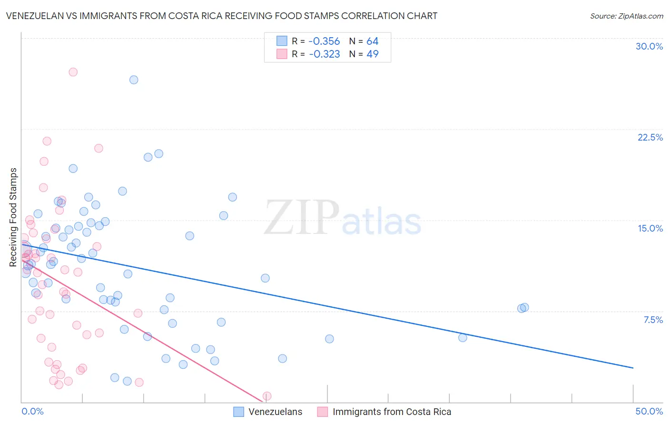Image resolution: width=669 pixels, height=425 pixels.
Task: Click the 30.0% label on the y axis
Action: pos(649,46)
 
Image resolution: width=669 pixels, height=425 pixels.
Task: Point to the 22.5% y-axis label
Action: pos(650,137)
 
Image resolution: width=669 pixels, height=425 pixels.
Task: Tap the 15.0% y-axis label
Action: pos(650,228)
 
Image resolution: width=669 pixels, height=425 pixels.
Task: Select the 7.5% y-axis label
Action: pos(653,320)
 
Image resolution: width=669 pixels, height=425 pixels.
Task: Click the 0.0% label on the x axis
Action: pos(32,411)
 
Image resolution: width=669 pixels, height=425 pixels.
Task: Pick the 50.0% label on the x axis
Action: pos(649,411)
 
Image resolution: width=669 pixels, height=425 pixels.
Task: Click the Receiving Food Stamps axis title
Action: pos(13,217)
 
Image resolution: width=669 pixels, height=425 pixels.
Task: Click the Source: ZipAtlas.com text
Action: pos(626,16)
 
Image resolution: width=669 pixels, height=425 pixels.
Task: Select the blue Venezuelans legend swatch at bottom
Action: pos(239,412)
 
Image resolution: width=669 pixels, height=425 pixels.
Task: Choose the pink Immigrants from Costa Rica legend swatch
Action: pos(323,412)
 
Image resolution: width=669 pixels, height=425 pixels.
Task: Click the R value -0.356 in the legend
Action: pos(324,41)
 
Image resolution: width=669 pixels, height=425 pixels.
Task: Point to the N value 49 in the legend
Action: pos(372,54)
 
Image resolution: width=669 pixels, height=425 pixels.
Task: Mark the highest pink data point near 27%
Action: pos(73,72)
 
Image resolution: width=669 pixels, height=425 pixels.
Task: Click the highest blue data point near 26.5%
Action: pos(134,80)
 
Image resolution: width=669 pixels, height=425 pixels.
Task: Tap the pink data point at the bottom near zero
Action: pos(267,396)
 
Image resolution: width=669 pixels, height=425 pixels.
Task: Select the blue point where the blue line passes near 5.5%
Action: pos(462,337)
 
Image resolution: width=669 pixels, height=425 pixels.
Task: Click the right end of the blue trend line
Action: pos(633,368)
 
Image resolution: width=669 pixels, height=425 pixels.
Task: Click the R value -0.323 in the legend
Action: pos(324,54)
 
